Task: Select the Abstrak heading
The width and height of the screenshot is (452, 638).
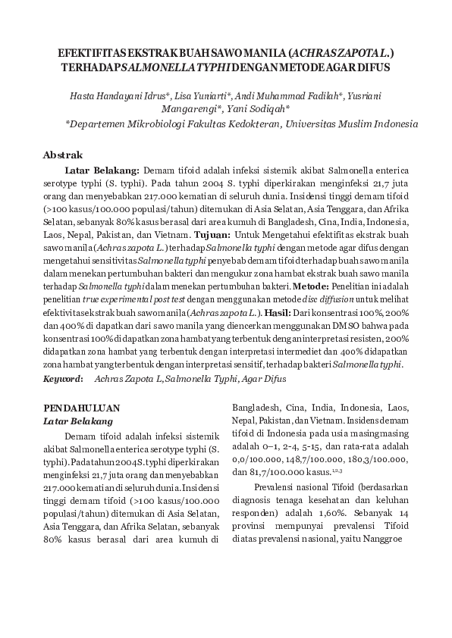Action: pos(63,155)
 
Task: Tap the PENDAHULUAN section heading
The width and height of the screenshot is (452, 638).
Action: pos(81,408)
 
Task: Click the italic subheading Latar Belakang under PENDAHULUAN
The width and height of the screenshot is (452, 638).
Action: pos(77,421)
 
